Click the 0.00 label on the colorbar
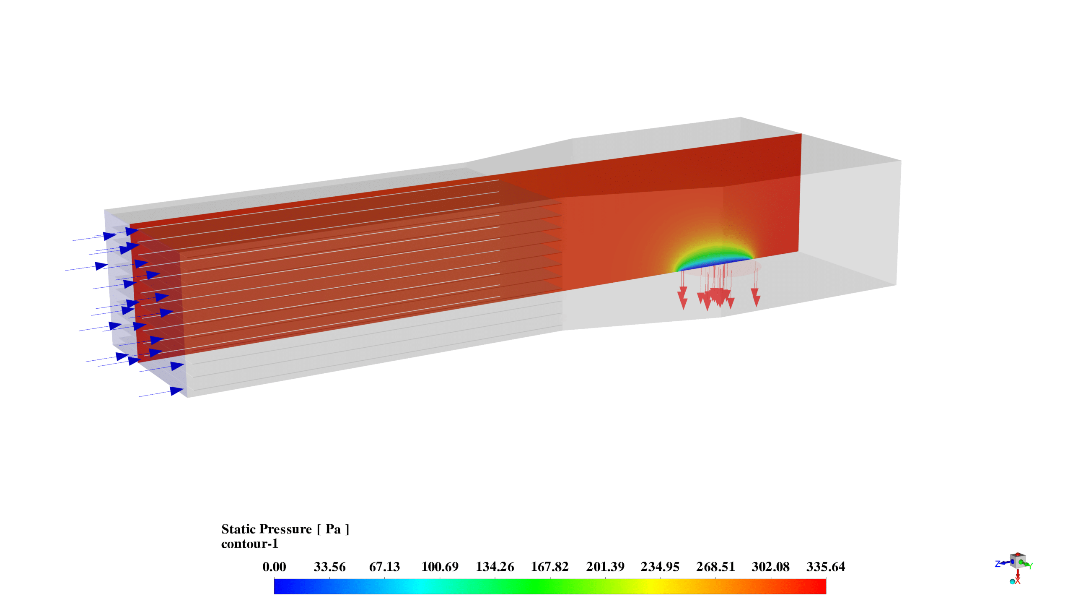(x=274, y=567)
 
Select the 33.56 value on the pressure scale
(x=329, y=567)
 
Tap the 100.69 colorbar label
(x=440, y=567)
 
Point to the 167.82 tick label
(x=550, y=567)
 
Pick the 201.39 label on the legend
(x=605, y=567)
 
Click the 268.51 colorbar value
(x=715, y=567)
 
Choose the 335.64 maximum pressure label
(x=826, y=567)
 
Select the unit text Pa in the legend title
(x=333, y=529)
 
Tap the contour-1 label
(x=250, y=544)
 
